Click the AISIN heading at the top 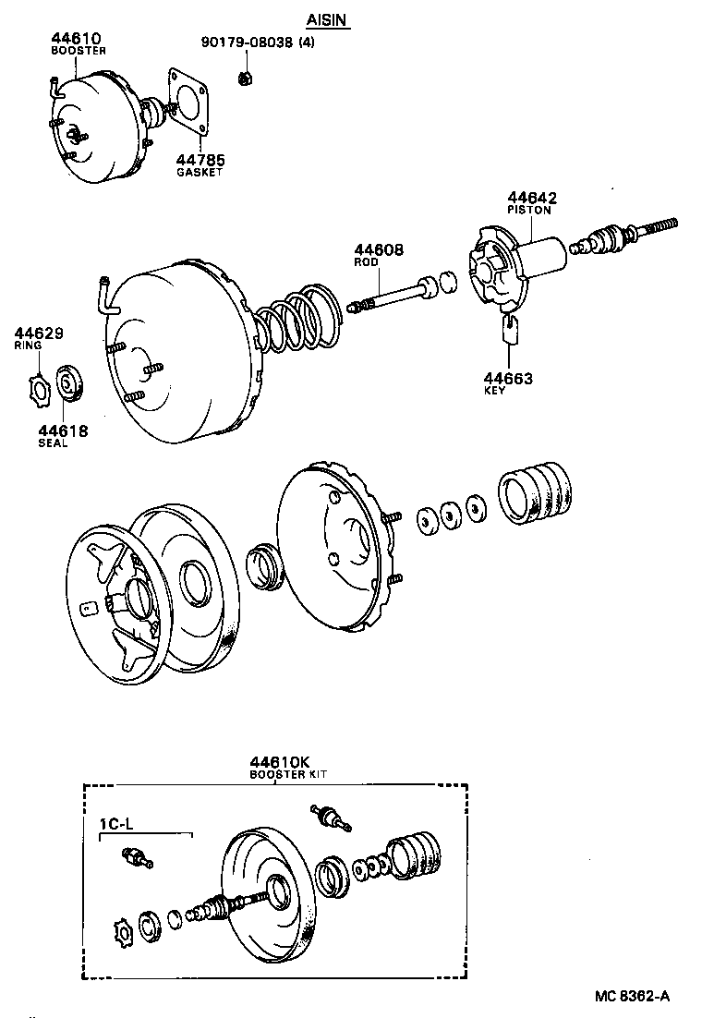pos(328,19)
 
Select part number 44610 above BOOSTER pos(76,39)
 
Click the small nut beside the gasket pos(246,79)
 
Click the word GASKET pos(200,172)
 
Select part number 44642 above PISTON pos(531,199)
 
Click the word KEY pos(495,391)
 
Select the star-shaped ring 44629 pos(37,386)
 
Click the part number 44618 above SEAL pos(63,430)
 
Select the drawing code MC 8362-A pos(632,996)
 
